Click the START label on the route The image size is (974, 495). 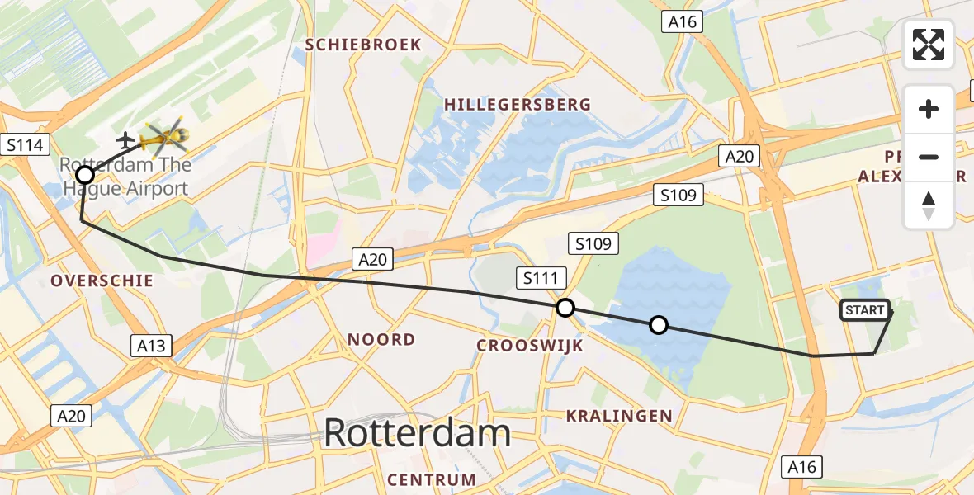pyautogui.click(x=865, y=310)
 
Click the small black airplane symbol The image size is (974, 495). pyautogui.click(x=126, y=140)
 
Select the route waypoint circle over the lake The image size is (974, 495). pyautogui.click(x=658, y=325)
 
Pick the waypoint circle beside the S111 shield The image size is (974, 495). pyautogui.click(x=565, y=308)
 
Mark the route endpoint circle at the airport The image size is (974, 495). pyautogui.click(x=85, y=175)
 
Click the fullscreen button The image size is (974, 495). pyautogui.click(x=929, y=45)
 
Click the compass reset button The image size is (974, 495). pyautogui.click(x=929, y=205)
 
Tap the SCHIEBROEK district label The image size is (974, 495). pyautogui.click(x=363, y=45)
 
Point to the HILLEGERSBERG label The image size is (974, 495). pyautogui.click(x=518, y=104)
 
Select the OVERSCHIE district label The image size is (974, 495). pyautogui.click(x=102, y=280)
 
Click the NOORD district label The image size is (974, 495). pyautogui.click(x=381, y=339)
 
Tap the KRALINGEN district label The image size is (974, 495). pyautogui.click(x=619, y=416)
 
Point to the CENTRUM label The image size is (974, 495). pyautogui.click(x=432, y=479)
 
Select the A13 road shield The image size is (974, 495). pyautogui.click(x=152, y=346)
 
